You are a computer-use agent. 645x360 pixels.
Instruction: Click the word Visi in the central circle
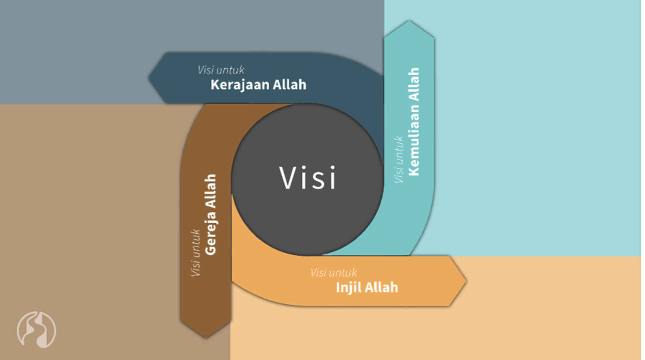pos(308,178)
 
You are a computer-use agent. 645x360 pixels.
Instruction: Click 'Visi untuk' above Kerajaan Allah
pos(221,70)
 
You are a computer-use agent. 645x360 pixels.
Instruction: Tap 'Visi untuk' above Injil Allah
pos(333,273)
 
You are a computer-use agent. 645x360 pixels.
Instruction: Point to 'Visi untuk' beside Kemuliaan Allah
pos(399,160)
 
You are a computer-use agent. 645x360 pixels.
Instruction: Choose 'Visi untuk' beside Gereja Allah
pos(195,253)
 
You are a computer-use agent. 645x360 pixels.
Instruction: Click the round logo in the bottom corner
pos(36,329)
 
